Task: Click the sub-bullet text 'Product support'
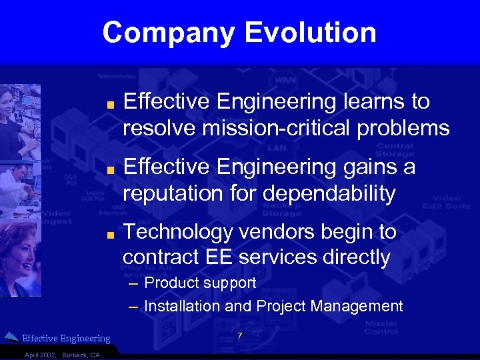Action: click(x=200, y=283)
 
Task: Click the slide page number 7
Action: click(x=240, y=336)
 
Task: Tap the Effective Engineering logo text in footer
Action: click(x=66, y=339)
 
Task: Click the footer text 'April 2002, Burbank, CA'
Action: click(x=61, y=355)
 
